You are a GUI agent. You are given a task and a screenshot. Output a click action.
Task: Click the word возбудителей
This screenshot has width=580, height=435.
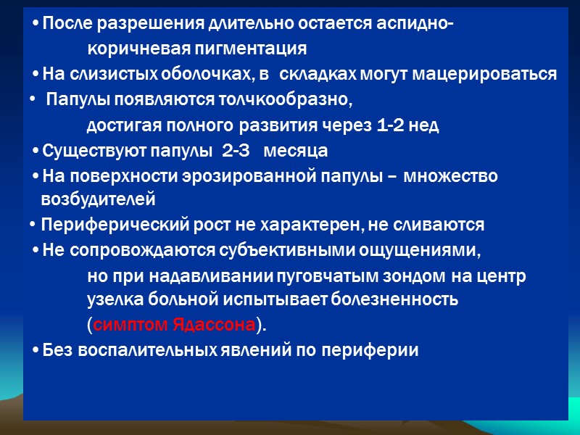click(98, 198)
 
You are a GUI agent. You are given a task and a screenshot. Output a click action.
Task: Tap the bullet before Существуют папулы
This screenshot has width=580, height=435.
click(36, 151)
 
